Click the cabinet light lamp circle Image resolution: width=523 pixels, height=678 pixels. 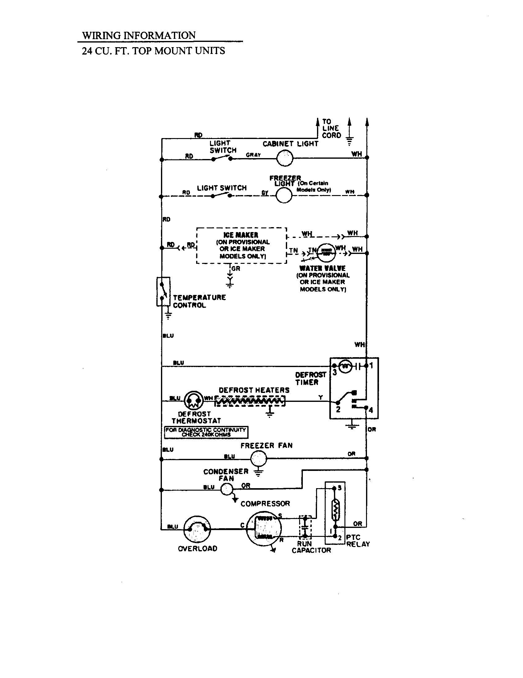tap(285, 158)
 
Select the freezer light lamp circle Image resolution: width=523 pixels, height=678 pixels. tap(284, 195)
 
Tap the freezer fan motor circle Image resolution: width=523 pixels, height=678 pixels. tap(258, 458)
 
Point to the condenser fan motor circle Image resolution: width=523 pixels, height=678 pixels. tap(227, 490)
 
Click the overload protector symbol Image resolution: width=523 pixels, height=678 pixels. tap(197, 528)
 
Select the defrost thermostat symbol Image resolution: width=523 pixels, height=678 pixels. tap(194, 401)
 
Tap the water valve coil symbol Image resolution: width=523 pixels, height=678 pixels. tap(326, 252)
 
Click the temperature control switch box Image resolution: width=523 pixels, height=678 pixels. tap(163, 292)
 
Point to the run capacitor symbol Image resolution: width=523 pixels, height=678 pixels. tap(305, 527)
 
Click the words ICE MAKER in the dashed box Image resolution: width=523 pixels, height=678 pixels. tap(241, 235)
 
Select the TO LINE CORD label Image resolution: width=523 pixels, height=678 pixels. tap(331, 128)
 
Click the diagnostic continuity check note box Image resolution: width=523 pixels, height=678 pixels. tap(206, 432)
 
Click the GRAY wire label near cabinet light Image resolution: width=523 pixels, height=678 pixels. tap(253, 155)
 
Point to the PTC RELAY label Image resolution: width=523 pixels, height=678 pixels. tap(358, 541)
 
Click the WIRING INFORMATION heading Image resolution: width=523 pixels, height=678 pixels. tap(139, 35)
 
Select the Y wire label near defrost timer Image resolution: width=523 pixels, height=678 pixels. tap(320, 397)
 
